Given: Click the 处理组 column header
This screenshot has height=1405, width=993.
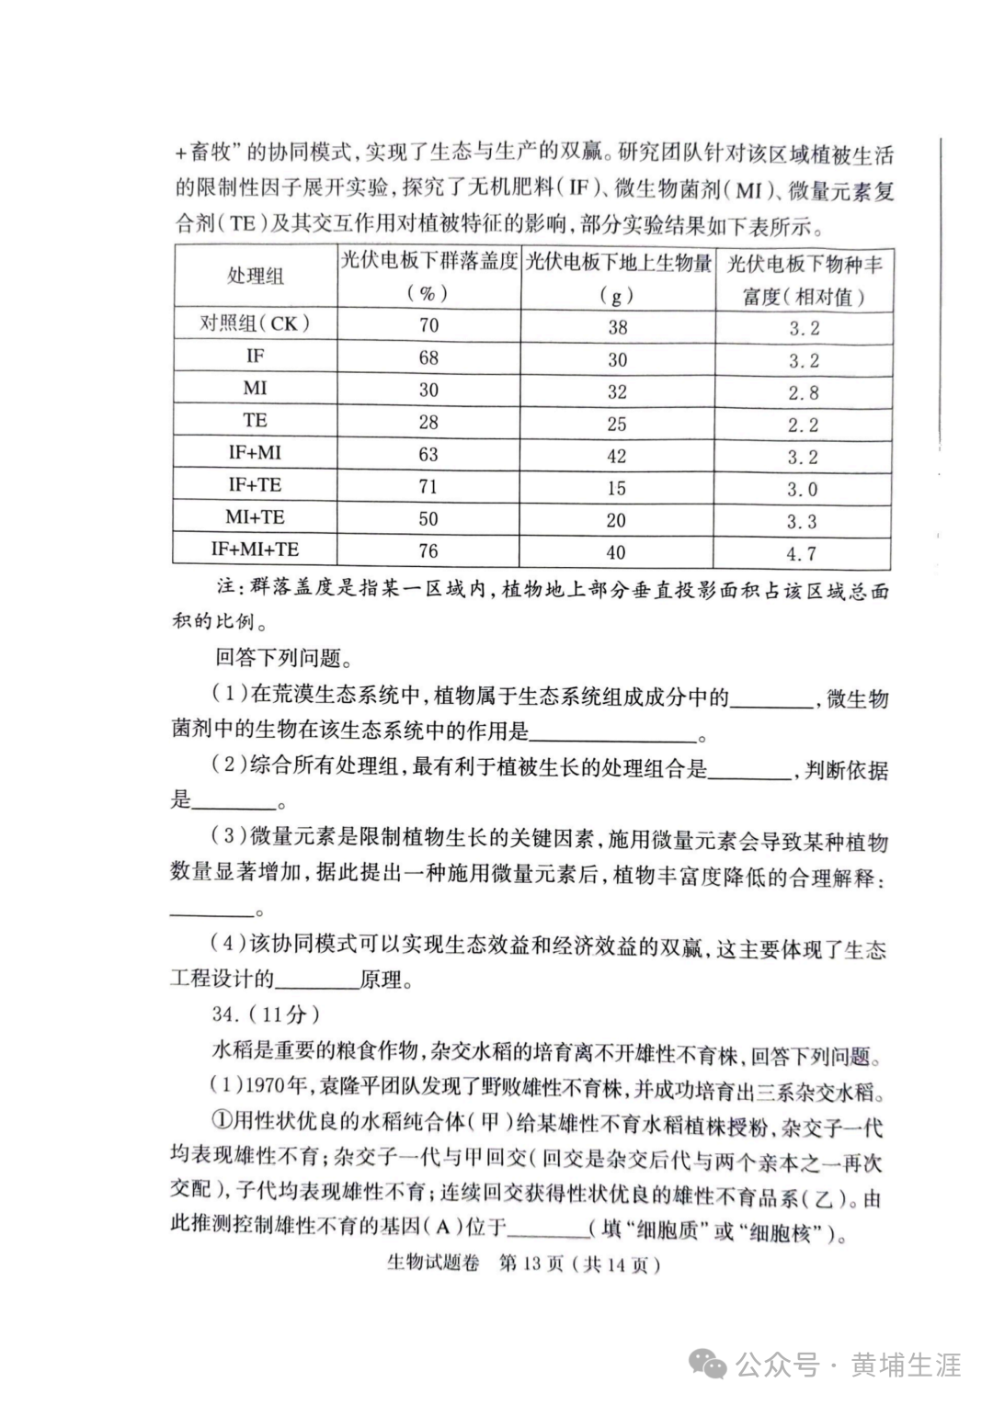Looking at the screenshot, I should click(255, 277).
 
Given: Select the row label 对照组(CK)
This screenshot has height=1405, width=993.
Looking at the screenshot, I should click(255, 323).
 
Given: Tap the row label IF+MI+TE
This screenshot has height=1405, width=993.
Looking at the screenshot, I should click(255, 550).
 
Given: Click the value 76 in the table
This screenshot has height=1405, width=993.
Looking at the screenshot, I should click(428, 551).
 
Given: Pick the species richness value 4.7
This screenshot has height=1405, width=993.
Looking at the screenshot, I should click(802, 553).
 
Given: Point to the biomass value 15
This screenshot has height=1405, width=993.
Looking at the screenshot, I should click(616, 488).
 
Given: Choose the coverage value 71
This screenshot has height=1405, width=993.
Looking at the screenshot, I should click(428, 486).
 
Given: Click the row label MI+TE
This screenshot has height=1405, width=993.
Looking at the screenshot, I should click(255, 516).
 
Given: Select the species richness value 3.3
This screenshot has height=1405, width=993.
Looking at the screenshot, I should click(802, 521).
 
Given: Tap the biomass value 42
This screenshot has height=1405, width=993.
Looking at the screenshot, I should click(616, 456).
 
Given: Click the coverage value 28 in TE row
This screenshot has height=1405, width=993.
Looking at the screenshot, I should click(428, 422).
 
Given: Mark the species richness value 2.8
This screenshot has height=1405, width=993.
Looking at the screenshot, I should click(802, 392).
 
